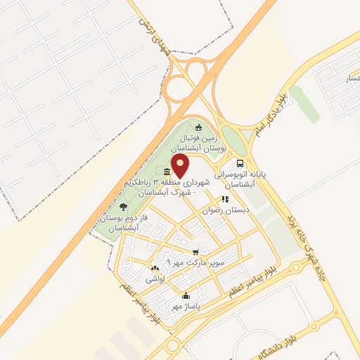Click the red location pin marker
coord(181,167)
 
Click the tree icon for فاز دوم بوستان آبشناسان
coord(124,207)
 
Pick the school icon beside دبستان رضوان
coord(226,199)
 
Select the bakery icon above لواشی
coord(155,268)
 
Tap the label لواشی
coord(155,279)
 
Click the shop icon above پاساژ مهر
coord(185,296)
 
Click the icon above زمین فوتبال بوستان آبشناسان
coord(198,127)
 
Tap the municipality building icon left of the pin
coord(166,173)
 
